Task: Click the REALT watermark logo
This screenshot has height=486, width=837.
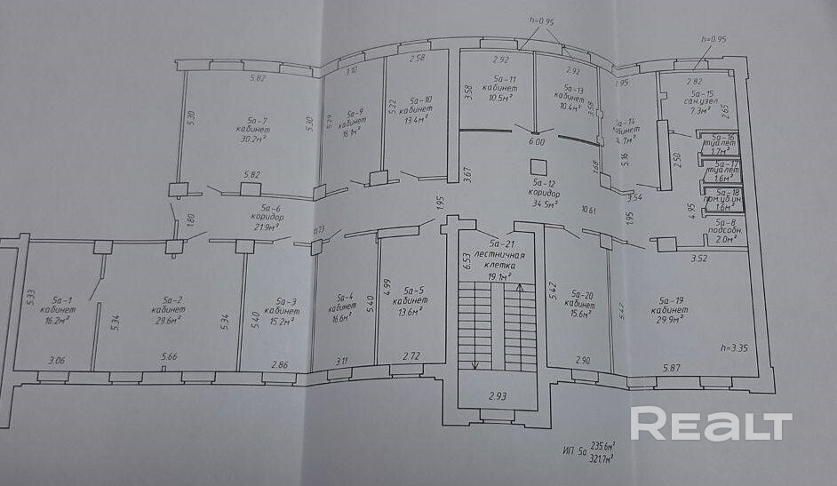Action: [711, 424]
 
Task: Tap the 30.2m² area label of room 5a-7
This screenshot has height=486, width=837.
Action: [253, 139]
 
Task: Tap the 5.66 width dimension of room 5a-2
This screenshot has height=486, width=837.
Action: [169, 357]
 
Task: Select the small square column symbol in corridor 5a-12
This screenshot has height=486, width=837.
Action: [535, 166]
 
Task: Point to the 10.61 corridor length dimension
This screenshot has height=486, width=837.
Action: [588, 211]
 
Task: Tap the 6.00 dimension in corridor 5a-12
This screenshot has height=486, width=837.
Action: [536, 141]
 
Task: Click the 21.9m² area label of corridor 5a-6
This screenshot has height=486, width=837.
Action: [261, 227]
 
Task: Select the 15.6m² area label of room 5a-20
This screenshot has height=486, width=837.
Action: [583, 314]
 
